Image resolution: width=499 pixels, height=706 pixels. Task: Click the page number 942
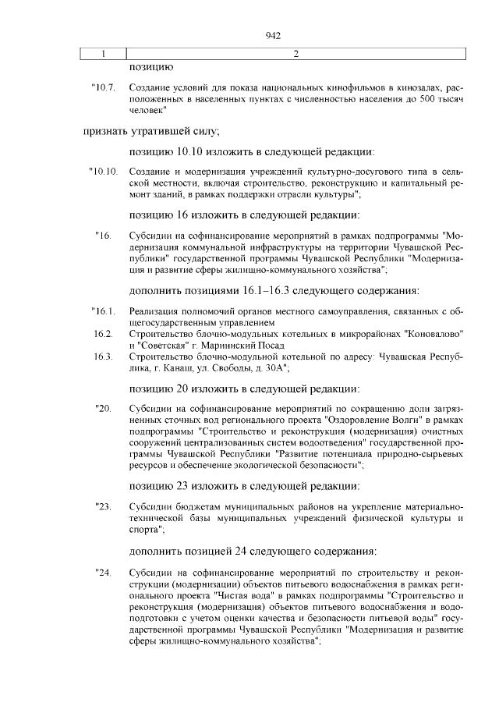(272, 35)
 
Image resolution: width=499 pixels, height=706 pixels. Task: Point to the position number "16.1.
(103, 313)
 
